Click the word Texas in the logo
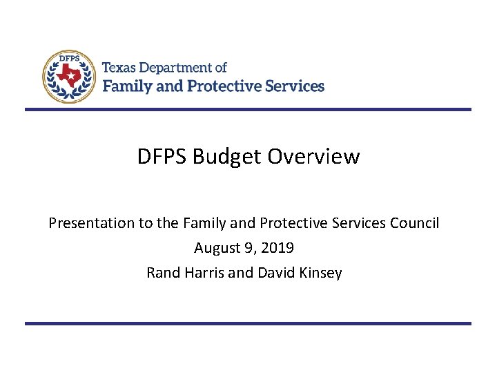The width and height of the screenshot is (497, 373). point(119,68)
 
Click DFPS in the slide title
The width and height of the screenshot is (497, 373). point(162,157)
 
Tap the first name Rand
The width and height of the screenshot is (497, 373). point(163,273)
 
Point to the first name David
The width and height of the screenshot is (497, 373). point(276,273)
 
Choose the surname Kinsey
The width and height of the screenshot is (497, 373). point(320,273)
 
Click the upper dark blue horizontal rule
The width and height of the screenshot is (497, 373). point(248,109)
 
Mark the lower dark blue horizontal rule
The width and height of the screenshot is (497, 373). point(248,323)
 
